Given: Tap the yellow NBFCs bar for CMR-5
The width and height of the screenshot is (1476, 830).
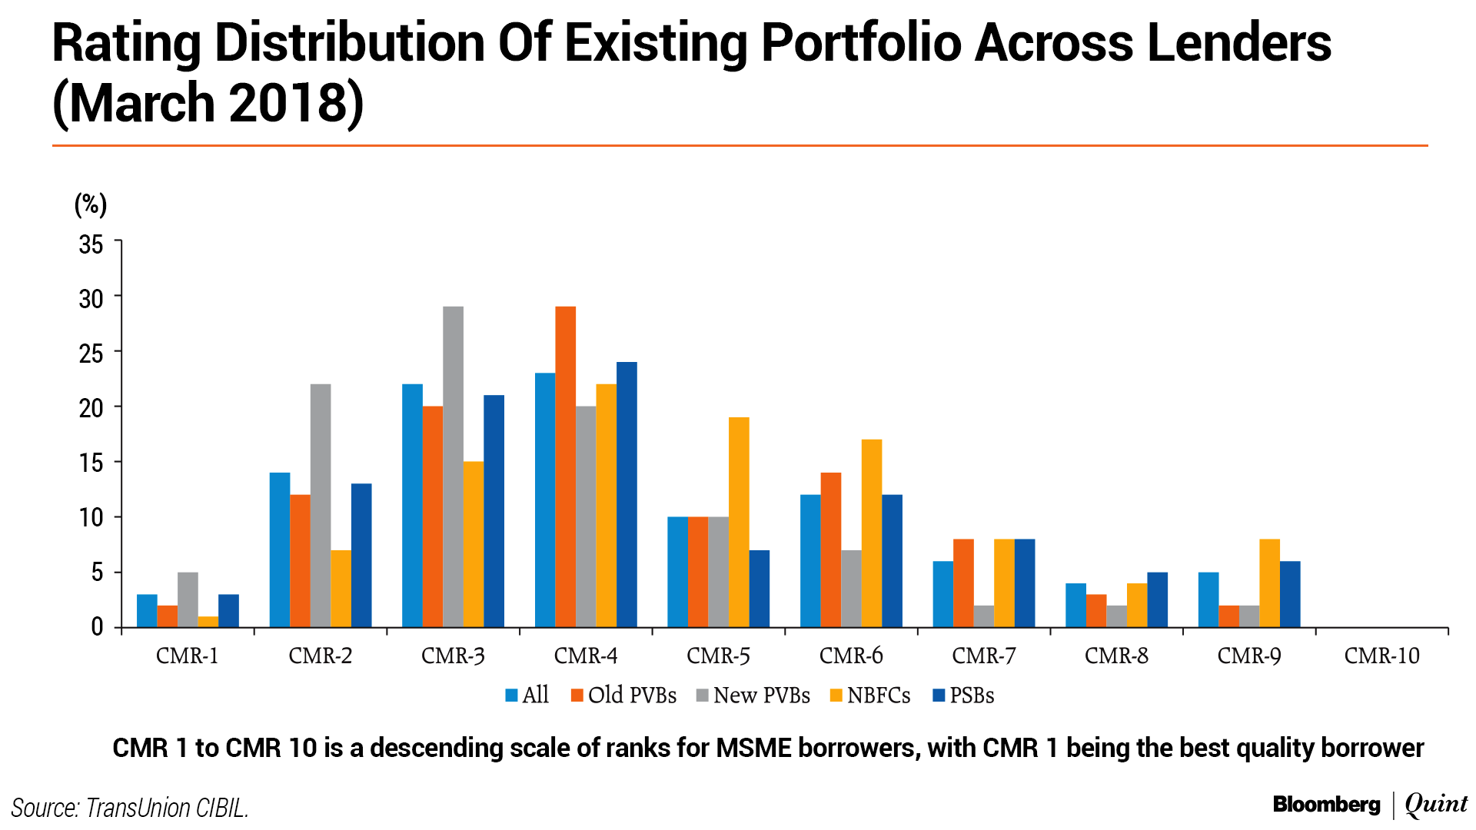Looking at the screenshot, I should point(739,523).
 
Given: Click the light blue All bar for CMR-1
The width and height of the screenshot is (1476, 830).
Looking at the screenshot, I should point(147,611).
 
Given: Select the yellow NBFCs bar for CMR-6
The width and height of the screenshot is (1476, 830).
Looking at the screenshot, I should point(872,533).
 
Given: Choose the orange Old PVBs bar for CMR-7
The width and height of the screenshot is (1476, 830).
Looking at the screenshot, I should point(963,583).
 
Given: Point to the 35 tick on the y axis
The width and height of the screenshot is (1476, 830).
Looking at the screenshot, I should point(91,244).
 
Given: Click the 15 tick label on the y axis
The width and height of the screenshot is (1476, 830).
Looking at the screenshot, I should point(91,463).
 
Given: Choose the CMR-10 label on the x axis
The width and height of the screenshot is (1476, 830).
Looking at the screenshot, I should point(1381,656).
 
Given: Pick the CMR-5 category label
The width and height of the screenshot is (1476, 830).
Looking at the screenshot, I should point(718,656).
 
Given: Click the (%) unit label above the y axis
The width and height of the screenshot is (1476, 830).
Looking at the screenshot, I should point(90,204).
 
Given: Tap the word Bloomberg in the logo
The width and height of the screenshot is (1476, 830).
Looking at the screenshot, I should point(1326,805).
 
